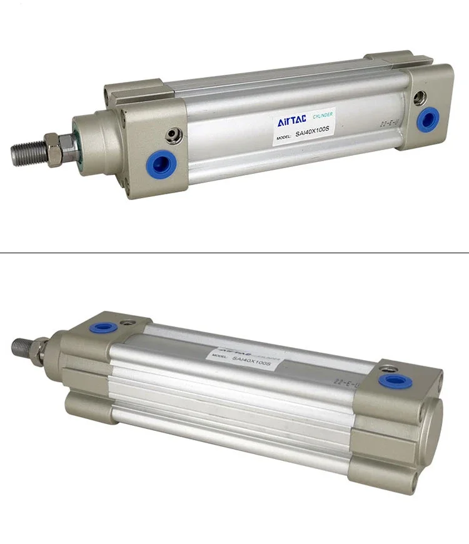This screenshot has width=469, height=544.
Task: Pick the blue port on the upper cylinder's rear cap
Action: coord(428,118)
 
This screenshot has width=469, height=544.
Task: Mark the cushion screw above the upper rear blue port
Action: coord(420,97)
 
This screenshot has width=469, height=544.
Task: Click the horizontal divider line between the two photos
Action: coord(234,253)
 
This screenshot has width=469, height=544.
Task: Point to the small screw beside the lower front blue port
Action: coord(129,323)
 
